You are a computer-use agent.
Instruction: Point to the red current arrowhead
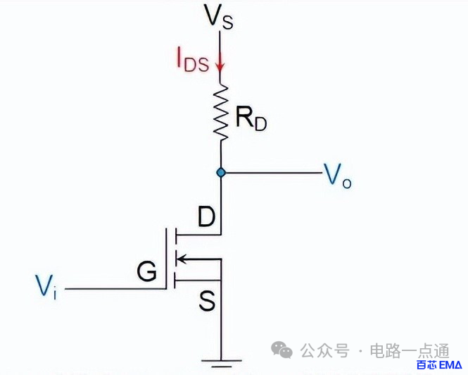coord(220,68)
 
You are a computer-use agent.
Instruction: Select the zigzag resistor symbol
coord(221,112)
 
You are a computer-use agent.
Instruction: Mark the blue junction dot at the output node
coord(221,172)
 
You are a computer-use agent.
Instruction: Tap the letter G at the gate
coord(146,272)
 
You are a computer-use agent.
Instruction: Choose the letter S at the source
coord(206,302)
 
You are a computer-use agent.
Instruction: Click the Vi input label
coord(46,285)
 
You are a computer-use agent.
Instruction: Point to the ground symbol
coord(221,363)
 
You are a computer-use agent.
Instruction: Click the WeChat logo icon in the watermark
coord(283,350)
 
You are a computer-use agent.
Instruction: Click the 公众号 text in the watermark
coord(324,350)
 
